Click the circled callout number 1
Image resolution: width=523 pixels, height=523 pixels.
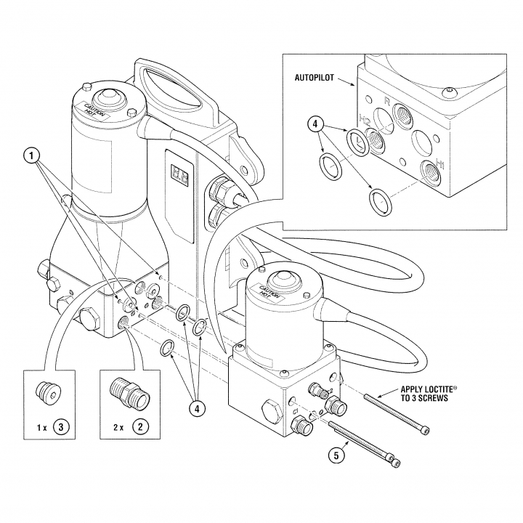(x=32, y=156)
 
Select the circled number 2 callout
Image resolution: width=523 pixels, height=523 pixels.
(x=140, y=427)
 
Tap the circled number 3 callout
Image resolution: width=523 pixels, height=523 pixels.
(x=61, y=427)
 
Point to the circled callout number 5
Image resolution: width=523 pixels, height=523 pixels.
(x=336, y=455)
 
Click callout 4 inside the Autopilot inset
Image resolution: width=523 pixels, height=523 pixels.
(x=315, y=124)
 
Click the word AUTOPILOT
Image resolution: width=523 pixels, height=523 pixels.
(x=315, y=78)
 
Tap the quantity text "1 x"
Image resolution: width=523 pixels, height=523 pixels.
(x=41, y=428)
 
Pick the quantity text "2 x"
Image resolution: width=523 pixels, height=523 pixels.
(x=118, y=428)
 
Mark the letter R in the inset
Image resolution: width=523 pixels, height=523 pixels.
(x=387, y=101)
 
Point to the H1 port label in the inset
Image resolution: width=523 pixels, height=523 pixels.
(x=440, y=163)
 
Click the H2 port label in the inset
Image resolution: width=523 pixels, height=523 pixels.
(x=364, y=118)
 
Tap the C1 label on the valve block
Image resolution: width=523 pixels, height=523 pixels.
(x=296, y=412)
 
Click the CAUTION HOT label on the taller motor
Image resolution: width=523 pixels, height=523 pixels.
(x=95, y=111)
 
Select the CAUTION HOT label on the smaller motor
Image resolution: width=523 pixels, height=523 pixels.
(x=269, y=291)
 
